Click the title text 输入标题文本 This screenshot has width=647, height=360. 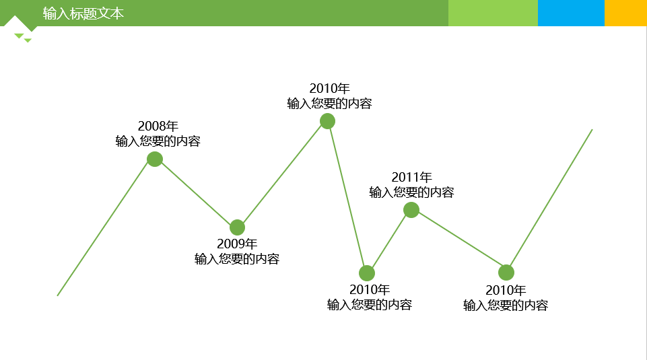point(83,13)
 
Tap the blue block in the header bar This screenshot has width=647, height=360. point(571,13)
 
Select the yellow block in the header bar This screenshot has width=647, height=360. point(625,13)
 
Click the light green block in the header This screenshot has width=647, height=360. point(493,13)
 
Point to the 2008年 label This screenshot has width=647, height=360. point(158,126)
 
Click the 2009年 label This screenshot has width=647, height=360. point(236,244)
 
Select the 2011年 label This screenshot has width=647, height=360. point(411,177)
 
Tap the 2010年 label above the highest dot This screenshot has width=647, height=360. point(329,88)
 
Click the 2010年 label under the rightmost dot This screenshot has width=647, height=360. point(505,290)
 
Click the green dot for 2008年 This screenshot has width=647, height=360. point(155,159)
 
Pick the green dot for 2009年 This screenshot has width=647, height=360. point(237,227)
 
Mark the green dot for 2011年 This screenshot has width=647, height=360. point(411,210)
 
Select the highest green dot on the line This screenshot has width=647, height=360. point(327,121)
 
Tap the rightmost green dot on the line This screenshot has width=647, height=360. point(506,273)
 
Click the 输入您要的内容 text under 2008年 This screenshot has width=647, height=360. point(158,141)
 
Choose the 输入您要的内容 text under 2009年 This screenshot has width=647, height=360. point(236,259)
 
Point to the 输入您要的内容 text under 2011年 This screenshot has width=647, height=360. point(411,192)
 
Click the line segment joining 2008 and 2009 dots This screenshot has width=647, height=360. point(196,193)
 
